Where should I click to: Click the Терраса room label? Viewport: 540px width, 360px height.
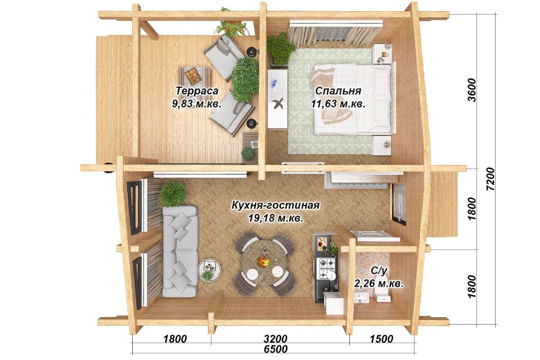tap(197, 91)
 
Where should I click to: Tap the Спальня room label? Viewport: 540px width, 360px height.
tap(338, 91)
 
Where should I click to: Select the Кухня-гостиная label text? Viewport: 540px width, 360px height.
tap(276, 205)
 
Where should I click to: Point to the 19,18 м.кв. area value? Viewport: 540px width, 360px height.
tap(276, 218)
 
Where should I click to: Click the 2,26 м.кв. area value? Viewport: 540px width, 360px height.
tap(379, 284)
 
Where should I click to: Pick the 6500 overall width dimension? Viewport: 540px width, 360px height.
tap(276, 349)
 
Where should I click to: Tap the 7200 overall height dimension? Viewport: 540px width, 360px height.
tap(490, 179)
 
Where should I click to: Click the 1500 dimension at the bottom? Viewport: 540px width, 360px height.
tap(381, 339)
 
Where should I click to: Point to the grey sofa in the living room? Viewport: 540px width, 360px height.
tap(180, 251)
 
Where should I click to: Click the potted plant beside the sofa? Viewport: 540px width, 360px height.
tap(173, 193)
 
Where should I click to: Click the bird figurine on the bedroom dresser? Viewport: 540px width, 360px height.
tap(278, 103)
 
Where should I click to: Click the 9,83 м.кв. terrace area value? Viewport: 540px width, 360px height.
tap(197, 103)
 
